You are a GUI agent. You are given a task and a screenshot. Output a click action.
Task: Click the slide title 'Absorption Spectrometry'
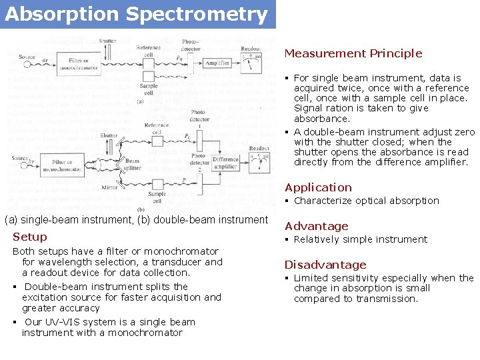136,14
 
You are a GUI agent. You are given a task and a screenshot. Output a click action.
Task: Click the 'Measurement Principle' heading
353,53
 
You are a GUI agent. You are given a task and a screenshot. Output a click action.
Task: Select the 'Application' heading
318,187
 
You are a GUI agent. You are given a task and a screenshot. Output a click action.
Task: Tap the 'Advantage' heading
317,226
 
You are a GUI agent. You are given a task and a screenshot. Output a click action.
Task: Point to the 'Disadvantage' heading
325,265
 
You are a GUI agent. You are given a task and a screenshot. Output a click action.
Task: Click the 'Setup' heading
30,237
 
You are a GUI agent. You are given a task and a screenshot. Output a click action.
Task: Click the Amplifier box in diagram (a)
217,63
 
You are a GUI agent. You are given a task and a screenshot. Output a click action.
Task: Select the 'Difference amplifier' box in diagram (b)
225,163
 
